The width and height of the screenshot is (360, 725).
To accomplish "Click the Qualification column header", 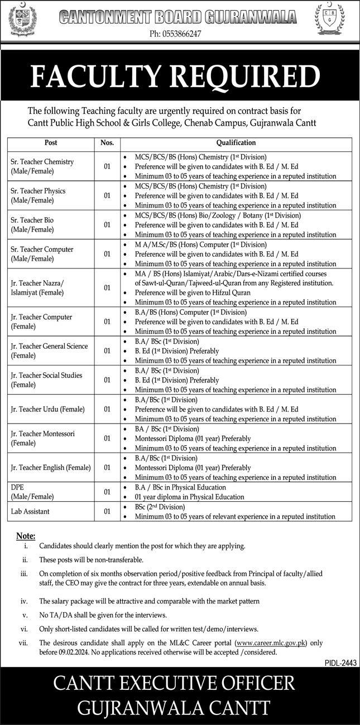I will [236, 143].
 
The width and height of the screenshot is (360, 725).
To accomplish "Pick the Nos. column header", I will [107, 143].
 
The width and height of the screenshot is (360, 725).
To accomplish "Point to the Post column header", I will [50, 143].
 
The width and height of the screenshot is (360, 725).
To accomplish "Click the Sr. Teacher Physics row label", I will [38, 195].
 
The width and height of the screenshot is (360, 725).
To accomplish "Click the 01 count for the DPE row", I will [107, 492].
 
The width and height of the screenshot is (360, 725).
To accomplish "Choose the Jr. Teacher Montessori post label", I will [42, 438].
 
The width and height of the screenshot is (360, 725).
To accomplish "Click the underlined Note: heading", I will [26, 536].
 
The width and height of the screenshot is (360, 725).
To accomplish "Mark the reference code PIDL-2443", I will [339, 662].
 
